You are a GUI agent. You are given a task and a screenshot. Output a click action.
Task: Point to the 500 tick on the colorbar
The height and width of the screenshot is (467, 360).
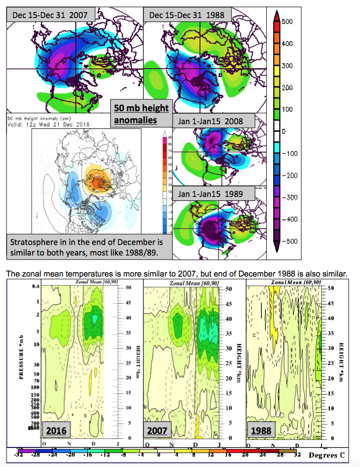pos(287,22)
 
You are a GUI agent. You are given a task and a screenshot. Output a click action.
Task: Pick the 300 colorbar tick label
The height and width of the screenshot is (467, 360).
pos(287,66)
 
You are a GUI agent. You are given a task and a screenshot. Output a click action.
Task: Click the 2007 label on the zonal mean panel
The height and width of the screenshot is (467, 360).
pos(157,430)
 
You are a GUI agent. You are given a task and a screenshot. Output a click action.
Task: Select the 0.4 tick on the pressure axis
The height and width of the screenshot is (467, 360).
pos(36,286)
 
